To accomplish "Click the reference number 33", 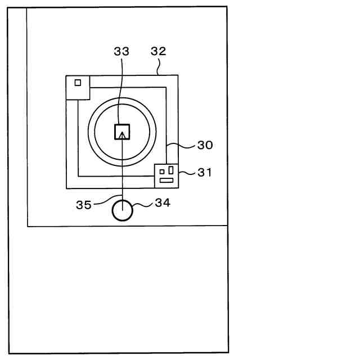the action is click(x=121, y=51).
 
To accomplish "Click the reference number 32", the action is click(x=159, y=51).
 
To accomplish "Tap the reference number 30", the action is click(x=205, y=145).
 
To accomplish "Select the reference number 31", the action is click(x=205, y=173).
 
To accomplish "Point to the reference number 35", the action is click(x=84, y=205).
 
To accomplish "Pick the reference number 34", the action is click(x=162, y=203).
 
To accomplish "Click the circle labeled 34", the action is click(x=122, y=211).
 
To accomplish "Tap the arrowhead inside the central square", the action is click(x=122, y=134).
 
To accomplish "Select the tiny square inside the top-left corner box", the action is click(x=78, y=83).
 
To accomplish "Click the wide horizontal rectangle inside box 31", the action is click(x=166, y=180).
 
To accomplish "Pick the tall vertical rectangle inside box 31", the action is click(x=170, y=170).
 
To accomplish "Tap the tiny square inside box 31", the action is click(x=162, y=172).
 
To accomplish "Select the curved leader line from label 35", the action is click(x=104, y=200).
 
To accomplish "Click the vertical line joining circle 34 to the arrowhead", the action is click(x=122, y=169).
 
